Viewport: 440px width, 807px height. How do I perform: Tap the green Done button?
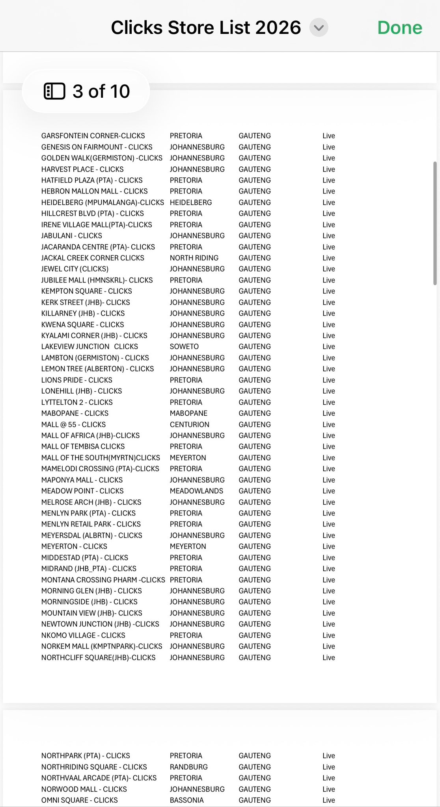399,28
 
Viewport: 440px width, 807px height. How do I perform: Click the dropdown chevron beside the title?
319,28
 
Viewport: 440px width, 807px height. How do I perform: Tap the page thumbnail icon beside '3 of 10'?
54,91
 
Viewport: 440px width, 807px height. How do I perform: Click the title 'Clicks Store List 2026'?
206,28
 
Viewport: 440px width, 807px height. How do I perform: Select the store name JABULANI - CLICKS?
71,236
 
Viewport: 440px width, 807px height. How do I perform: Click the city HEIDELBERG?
191,203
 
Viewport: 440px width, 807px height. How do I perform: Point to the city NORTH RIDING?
194,258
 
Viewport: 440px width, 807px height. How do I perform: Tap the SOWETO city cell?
184,347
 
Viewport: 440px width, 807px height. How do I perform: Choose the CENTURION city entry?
190,424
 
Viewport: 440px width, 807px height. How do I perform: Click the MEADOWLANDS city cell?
196,491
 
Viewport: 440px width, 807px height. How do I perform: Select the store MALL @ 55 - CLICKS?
73,424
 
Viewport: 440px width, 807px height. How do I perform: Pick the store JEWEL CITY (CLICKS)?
75,269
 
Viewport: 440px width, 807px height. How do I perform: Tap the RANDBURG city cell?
188,767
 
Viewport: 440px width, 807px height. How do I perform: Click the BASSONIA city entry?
186,800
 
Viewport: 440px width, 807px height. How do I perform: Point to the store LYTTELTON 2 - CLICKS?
77,402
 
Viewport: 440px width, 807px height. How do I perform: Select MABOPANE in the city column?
188,413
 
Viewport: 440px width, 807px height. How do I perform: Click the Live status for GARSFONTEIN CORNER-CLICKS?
328,136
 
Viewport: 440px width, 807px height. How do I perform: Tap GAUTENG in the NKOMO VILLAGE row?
255,635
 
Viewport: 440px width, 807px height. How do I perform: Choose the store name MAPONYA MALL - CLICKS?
82,480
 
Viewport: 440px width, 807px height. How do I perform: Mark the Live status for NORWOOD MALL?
328,789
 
